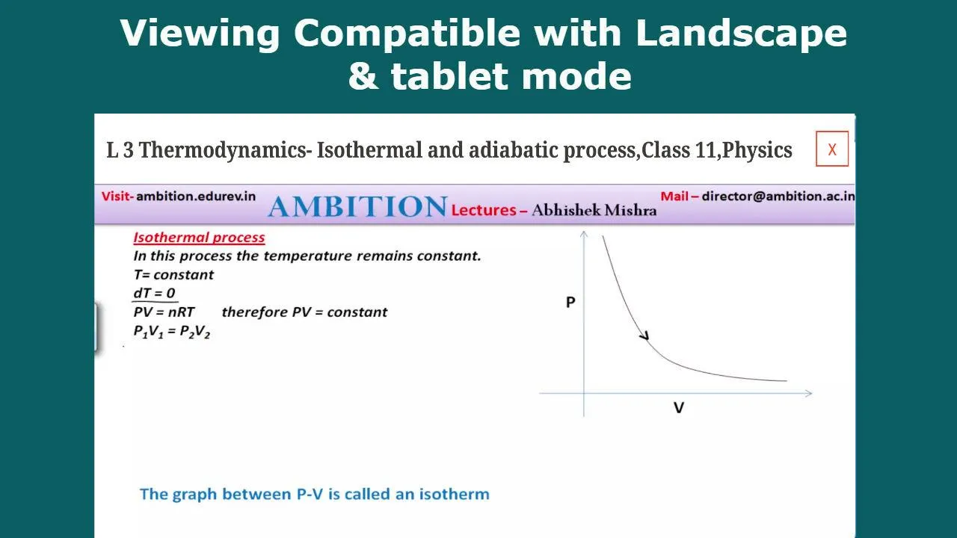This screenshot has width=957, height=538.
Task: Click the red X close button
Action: (x=832, y=149)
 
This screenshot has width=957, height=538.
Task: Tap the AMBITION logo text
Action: (x=357, y=207)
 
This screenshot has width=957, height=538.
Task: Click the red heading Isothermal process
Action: (x=199, y=238)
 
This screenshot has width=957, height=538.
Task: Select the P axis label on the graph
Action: (x=570, y=303)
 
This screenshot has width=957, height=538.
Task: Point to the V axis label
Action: (x=678, y=408)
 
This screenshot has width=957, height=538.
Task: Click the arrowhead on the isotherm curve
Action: (x=645, y=336)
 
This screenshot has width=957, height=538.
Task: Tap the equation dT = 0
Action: (x=154, y=293)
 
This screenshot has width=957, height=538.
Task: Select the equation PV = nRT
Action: (x=164, y=312)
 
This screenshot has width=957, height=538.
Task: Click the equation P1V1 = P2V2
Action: (x=172, y=331)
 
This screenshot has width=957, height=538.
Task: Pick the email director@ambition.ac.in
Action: (x=778, y=196)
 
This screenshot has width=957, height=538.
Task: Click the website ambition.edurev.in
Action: (x=196, y=197)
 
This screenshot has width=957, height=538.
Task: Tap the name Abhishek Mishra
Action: (x=594, y=210)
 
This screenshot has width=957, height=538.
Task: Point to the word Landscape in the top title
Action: (x=741, y=33)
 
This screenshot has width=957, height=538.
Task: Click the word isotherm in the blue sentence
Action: (x=454, y=494)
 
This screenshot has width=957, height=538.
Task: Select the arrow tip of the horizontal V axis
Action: (x=811, y=393)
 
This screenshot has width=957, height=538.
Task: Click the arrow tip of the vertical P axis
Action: (x=584, y=232)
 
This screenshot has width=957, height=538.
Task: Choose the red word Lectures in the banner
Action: (x=484, y=210)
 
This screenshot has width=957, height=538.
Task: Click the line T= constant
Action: (x=173, y=274)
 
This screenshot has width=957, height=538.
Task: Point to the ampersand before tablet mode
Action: (x=363, y=76)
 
